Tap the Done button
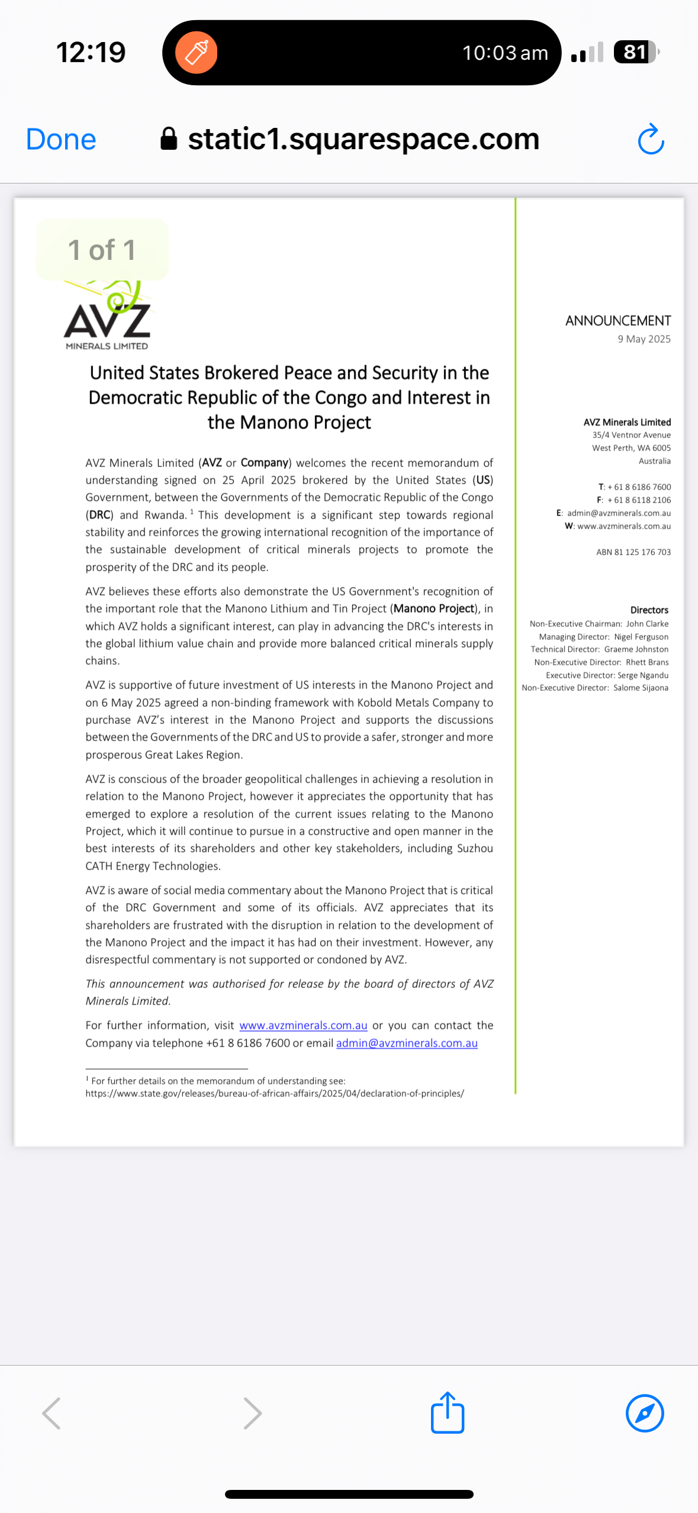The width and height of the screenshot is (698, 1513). point(61,140)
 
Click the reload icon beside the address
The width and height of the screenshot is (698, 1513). point(651,140)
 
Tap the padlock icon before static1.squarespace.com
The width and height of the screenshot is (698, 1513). point(169,140)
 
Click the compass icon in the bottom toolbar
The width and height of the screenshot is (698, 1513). point(645,1413)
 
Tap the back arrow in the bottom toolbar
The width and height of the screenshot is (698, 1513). point(52,1413)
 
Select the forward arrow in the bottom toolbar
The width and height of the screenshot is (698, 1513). point(253,1413)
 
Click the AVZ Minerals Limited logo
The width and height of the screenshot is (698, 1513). point(107,317)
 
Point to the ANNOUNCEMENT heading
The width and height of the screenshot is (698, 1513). point(617,321)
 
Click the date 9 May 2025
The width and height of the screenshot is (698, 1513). point(644,339)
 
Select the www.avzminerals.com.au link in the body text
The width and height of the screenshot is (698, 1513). point(303,1025)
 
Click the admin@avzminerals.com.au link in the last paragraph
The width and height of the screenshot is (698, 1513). point(407,1043)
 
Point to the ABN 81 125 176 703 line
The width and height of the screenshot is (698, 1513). point(633,552)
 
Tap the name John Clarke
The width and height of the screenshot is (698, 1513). point(647,624)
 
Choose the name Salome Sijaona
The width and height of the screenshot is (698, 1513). point(641,688)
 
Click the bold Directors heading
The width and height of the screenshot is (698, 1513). point(649,610)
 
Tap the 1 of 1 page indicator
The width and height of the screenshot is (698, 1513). point(102,250)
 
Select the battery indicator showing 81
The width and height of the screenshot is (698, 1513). point(635,52)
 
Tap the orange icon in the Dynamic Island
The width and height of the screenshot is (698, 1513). point(197,53)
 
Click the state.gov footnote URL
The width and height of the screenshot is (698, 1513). point(275,1093)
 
